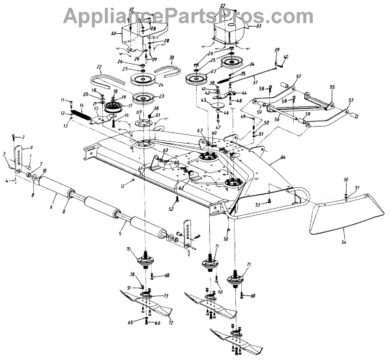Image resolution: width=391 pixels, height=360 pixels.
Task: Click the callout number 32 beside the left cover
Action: pyautogui.click(x=113, y=33)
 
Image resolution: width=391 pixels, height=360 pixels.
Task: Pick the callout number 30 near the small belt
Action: pyautogui.click(x=171, y=58)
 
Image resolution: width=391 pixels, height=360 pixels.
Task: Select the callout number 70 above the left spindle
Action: pyautogui.click(x=128, y=249)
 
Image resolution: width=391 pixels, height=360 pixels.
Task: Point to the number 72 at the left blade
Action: pyautogui.click(x=171, y=321)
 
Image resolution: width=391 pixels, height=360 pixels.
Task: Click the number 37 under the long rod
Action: pyautogui.click(x=245, y=83)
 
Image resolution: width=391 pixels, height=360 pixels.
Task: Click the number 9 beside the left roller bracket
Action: pyautogui.click(x=30, y=148)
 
